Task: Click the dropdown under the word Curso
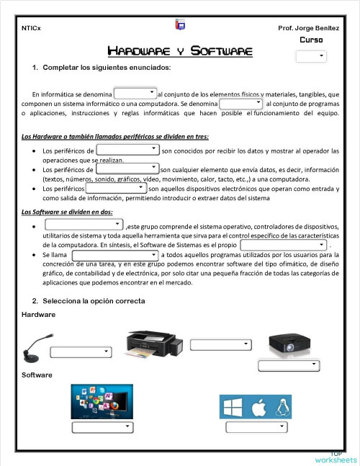pyautogui.click(x=311, y=55)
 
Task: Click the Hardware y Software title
pyautogui.click(x=179, y=51)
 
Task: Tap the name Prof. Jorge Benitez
pyautogui.click(x=307, y=28)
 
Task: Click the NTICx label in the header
pyautogui.click(x=31, y=28)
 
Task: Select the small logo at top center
pyautogui.click(x=180, y=26)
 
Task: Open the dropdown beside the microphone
pyautogui.click(x=81, y=351)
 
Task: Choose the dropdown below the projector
pyautogui.click(x=288, y=366)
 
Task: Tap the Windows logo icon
pyautogui.click(x=233, y=408)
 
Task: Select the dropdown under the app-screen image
pyautogui.click(x=102, y=427)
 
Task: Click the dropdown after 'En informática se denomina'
pyautogui.click(x=135, y=93)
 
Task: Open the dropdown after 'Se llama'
pyautogui.click(x=115, y=255)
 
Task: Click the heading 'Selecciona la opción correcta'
pyautogui.click(x=89, y=300)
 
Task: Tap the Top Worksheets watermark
pyautogui.click(x=335, y=457)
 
